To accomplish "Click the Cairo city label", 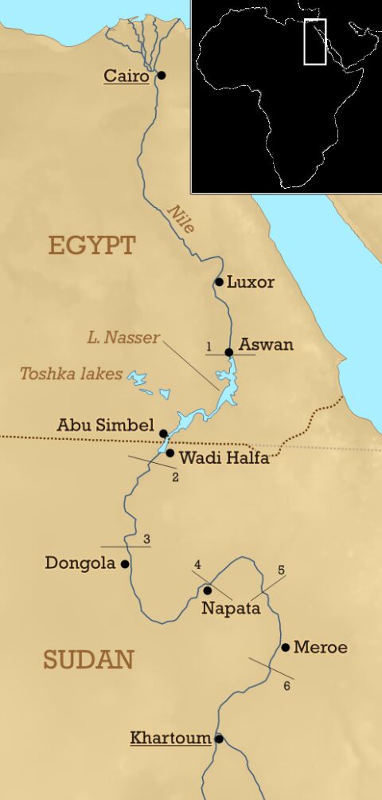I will pos(127,76).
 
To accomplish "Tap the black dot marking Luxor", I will pos(220,282).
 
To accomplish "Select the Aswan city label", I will pos(267,345).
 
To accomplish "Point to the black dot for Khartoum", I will pos(219,739).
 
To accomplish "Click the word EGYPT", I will pos(92,245).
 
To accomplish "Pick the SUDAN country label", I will pos(88,660).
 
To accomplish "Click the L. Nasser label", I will pos(123,338).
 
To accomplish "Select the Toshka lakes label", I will pos(72,373).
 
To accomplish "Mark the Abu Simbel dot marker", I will pos(163,433).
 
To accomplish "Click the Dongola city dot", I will pos(124,563).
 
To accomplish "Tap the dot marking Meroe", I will pos(285,647).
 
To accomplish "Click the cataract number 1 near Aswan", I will pos(209,347).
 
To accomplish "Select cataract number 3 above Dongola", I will pos(146,539).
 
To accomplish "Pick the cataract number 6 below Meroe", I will pos(287,685).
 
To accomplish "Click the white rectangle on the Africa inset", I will pos(316,41).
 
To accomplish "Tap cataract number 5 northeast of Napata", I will pos(281,570).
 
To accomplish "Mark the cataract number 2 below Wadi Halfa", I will pos(175,477).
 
